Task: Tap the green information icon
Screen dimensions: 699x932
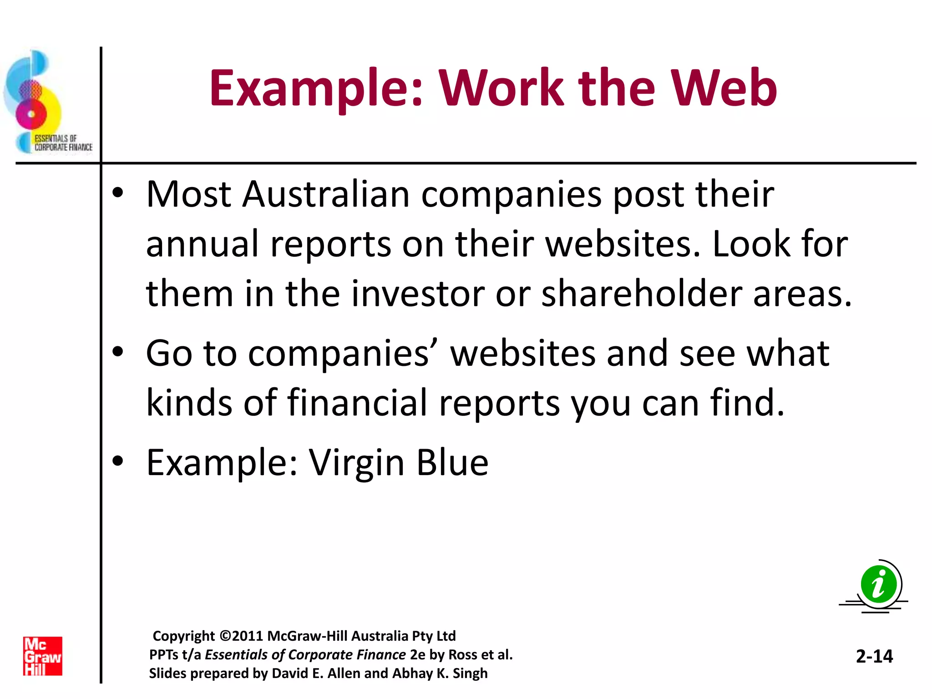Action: [x=878, y=585]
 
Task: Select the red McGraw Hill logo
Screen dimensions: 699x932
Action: [x=43, y=656]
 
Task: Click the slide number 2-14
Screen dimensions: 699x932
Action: [x=874, y=656]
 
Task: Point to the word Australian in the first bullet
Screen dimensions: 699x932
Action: [x=326, y=194]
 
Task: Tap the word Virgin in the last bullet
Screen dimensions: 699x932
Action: [x=357, y=463]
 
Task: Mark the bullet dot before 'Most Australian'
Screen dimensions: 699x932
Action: [x=118, y=193]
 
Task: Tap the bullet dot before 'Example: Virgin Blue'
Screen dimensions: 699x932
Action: [x=118, y=461]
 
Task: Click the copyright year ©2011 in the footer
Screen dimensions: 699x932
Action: [x=241, y=636]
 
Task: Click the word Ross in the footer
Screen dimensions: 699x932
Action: [x=463, y=654]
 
